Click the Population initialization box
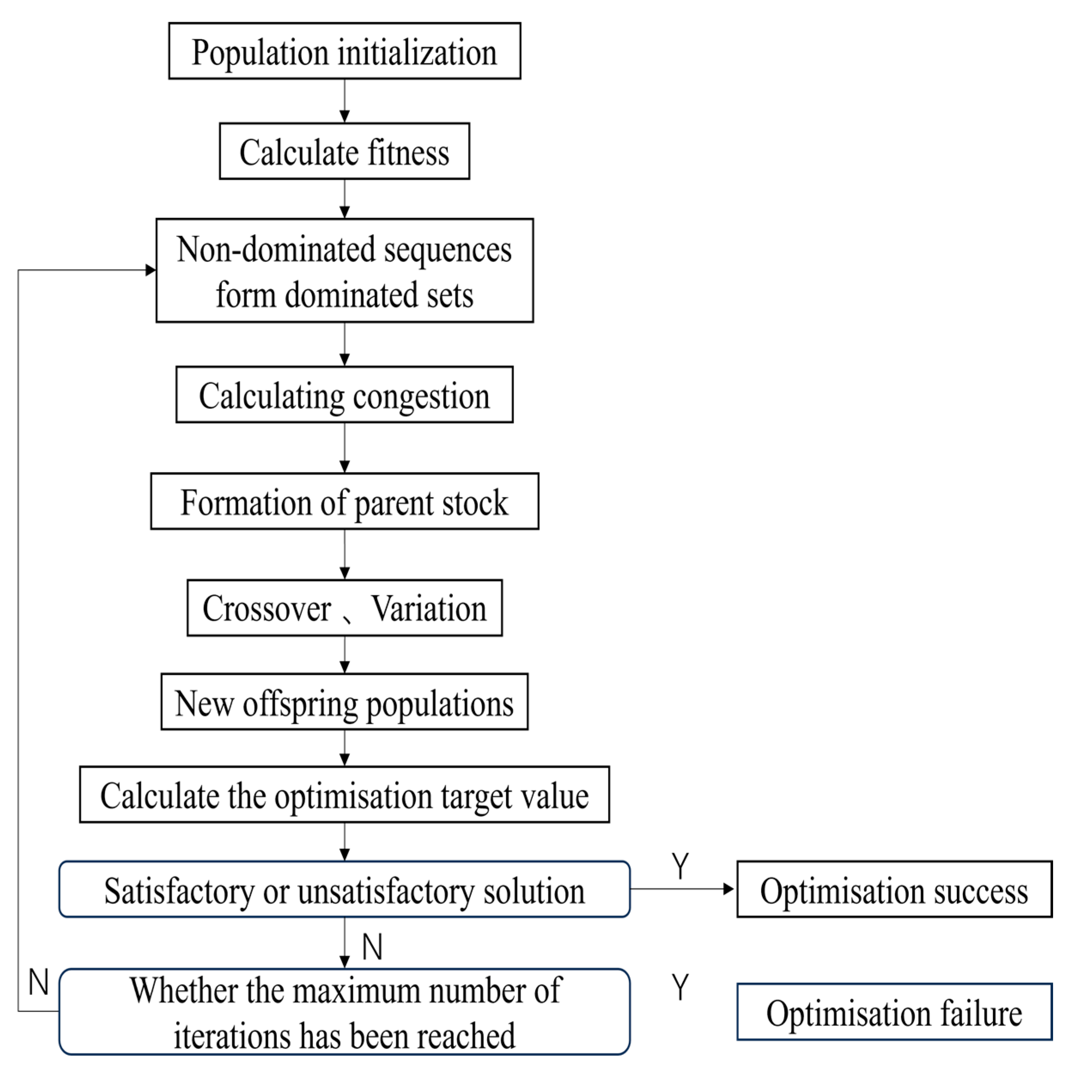click(344, 51)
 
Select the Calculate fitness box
click(344, 152)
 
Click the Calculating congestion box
click(344, 395)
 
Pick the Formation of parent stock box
click(344, 501)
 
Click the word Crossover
click(267, 608)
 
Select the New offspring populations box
click(344, 702)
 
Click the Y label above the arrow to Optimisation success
click(680, 866)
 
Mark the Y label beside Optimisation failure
click(680, 987)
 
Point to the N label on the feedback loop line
click(39, 982)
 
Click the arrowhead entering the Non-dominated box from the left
click(150, 271)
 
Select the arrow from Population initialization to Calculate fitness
click(344, 101)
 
